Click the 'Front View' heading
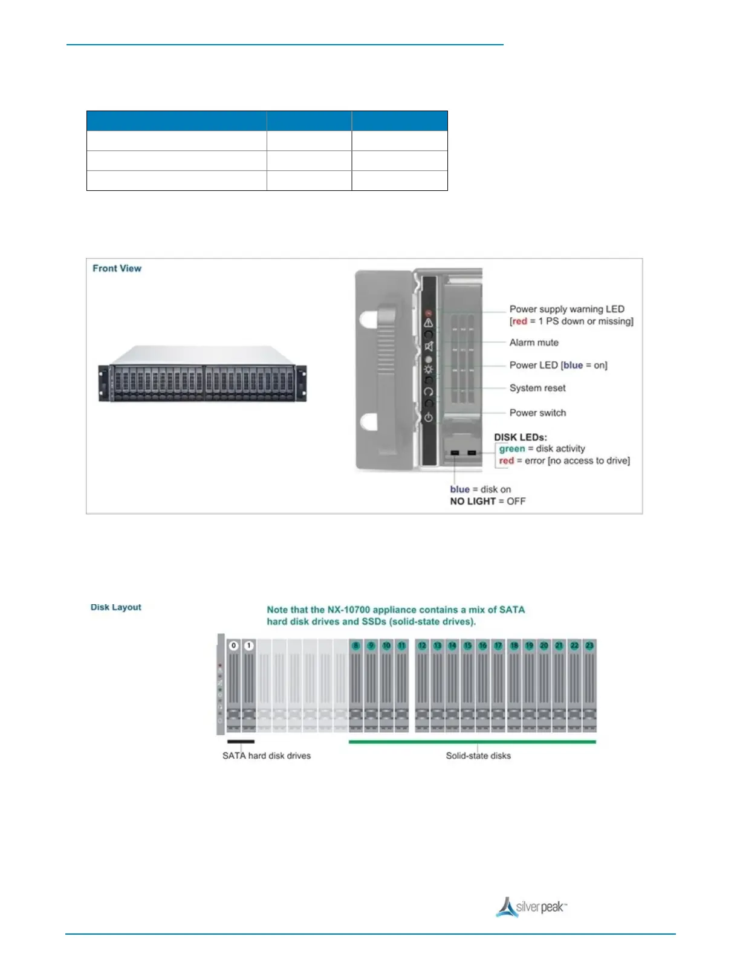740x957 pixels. (x=117, y=268)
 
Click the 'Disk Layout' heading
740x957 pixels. (x=115, y=607)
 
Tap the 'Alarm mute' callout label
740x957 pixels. (x=533, y=343)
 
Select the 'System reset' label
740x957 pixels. (x=537, y=388)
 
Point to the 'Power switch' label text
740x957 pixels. (x=537, y=413)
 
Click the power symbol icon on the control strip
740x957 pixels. (x=429, y=417)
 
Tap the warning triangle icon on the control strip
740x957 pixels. (x=429, y=323)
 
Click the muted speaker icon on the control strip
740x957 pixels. (x=429, y=346)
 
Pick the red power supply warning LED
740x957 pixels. (x=429, y=313)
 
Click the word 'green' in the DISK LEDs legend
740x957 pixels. (x=511, y=448)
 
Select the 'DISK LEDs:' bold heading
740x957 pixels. (x=520, y=437)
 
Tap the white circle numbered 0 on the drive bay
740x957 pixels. (x=234, y=645)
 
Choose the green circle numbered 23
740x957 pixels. (x=589, y=645)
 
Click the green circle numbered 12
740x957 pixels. (x=422, y=645)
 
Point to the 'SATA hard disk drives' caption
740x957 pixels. (x=266, y=755)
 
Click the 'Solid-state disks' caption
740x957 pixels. (x=478, y=755)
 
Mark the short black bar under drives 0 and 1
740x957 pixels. (x=241, y=741)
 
